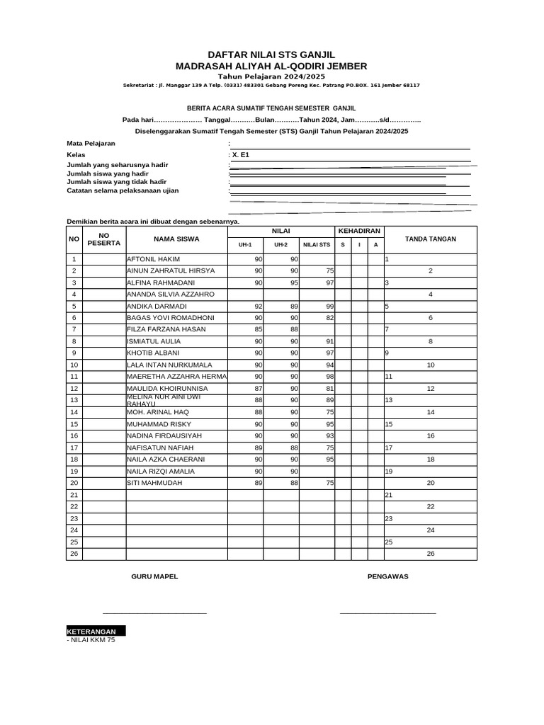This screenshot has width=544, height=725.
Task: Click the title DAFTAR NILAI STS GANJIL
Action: click(x=271, y=55)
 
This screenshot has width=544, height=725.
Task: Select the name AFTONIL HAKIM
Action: click(x=154, y=259)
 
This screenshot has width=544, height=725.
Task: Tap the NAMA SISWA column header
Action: click(x=176, y=239)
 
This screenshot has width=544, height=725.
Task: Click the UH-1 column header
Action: click(x=245, y=245)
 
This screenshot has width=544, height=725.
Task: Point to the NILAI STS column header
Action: click(x=316, y=245)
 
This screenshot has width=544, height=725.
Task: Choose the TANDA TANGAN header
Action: click(x=430, y=239)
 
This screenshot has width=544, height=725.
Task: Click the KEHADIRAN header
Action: click(x=359, y=232)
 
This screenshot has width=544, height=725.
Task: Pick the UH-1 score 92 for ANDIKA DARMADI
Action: click(x=258, y=306)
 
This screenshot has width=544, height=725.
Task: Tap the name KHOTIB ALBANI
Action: click(x=153, y=353)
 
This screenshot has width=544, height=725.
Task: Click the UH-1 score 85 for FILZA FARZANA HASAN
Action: click(x=258, y=329)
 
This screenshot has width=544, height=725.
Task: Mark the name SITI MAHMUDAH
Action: click(x=154, y=483)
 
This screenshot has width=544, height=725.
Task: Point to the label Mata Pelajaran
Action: click(x=91, y=144)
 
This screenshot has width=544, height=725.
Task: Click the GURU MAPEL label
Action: click(x=154, y=576)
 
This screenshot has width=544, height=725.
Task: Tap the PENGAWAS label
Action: click(x=387, y=576)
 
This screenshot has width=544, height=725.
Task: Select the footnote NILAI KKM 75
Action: click(x=91, y=639)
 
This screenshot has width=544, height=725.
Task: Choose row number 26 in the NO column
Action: click(x=74, y=554)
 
